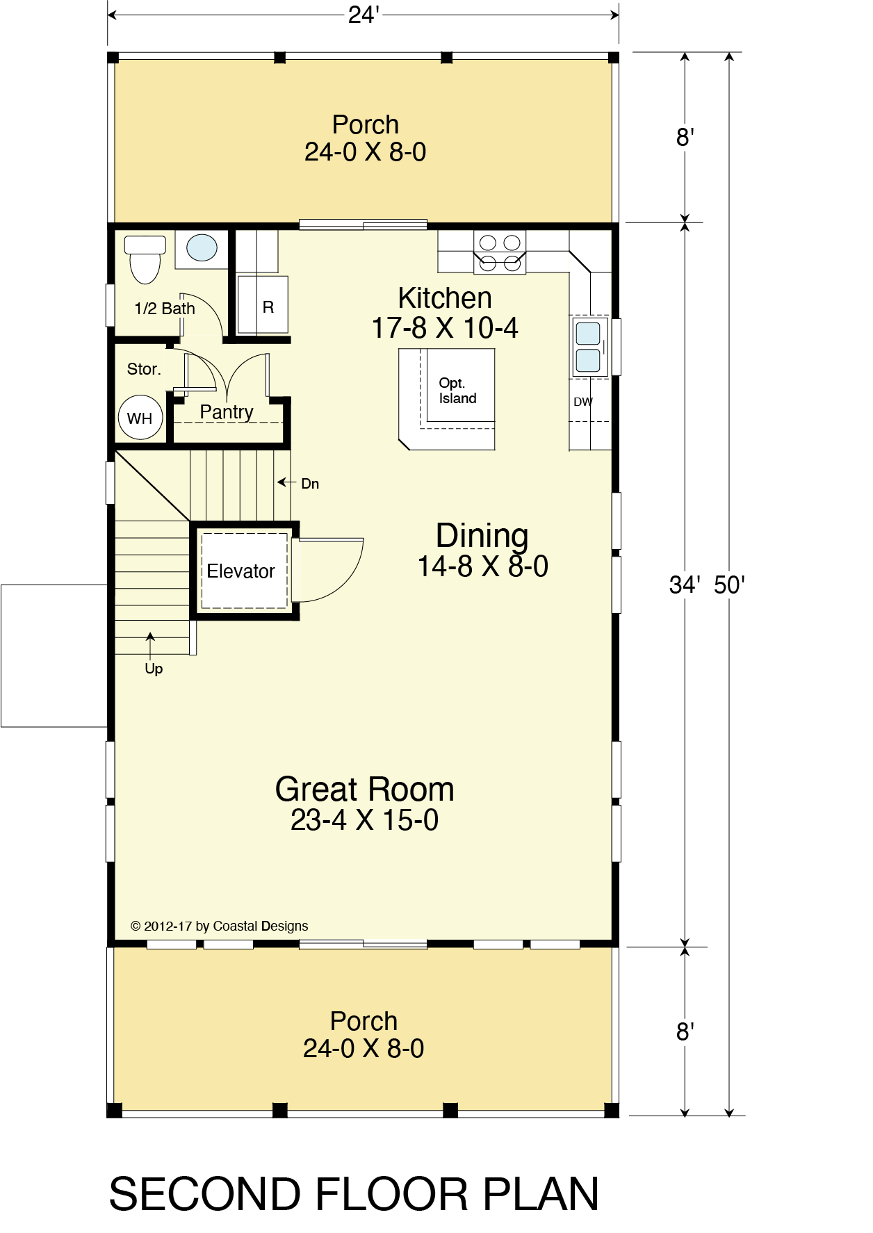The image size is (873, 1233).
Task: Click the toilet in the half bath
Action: (x=145, y=259)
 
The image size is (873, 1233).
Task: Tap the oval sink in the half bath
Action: (x=202, y=247)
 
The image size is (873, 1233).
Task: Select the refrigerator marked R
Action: (x=263, y=306)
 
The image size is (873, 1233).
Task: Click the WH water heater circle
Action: (x=140, y=418)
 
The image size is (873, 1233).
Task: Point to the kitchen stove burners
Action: (x=500, y=253)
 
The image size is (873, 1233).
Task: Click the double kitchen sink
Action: (x=588, y=346)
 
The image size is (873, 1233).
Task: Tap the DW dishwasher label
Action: (x=583, y=402)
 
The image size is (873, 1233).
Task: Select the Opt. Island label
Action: (x=457, y=391)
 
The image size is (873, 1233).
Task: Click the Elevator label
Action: (x=240, y=571)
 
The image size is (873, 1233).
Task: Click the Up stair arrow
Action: (x=150, y=644)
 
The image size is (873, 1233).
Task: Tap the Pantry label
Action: (x=227, y=412)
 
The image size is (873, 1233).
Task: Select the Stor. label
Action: (x=144, y=369)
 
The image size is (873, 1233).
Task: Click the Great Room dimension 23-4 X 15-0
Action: (x=364, y=820)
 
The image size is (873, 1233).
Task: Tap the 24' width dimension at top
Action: (x=364, y=15)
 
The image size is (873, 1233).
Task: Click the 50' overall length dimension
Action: (x=729, y=585)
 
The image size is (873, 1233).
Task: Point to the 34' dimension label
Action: (x=685, y=585)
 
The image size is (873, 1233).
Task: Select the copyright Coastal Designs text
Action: (x=219, y=926)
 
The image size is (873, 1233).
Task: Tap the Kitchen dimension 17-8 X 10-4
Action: (x=445, y=328)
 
